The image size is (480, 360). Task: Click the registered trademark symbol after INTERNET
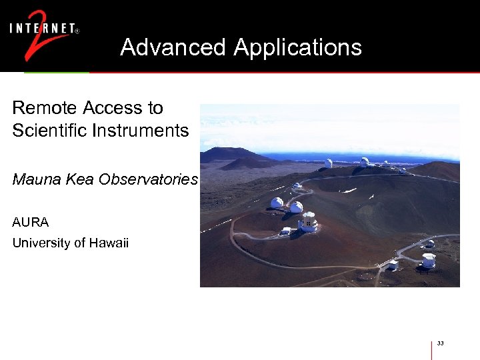click(x=77, y=31)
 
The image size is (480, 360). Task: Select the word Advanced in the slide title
click(x=173, y=47)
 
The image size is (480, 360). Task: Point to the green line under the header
click(x=57, y=72)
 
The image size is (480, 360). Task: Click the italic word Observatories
click(x=159, y=180)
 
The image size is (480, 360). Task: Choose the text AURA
click(x=31, y=221)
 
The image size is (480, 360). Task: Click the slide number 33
click(x=441, y=343)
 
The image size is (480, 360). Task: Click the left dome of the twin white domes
click(x=277, y=203)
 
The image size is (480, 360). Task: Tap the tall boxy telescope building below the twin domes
click(x=308, y=222)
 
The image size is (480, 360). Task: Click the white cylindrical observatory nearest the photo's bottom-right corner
click(x=429, y=260)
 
